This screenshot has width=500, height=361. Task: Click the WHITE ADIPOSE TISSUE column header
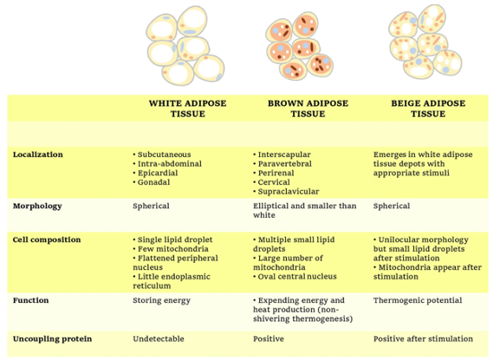click(187, 108)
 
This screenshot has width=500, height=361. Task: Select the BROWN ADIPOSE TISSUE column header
click(308, 108)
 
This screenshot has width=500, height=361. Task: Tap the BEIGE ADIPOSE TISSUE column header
click(428, 108)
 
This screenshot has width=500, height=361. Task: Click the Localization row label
click(37, 154)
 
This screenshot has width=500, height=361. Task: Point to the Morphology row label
click(37, 207)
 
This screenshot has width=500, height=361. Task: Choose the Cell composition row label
click(47, 240)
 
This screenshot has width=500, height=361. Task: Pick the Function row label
click(30, 300)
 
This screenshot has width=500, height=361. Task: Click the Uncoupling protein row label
click(52, 339)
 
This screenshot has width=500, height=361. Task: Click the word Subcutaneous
click(165, 154)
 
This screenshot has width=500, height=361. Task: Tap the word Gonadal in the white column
click(153, 182)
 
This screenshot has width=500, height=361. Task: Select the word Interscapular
click(284, 154)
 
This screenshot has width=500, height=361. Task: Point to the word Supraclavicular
click(289, 192)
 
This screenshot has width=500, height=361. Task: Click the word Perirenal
click(276, 174)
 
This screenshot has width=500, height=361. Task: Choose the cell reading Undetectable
click(159, 339)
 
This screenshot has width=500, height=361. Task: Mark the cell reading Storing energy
click(162, 300)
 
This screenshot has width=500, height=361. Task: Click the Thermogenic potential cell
click(418, 300)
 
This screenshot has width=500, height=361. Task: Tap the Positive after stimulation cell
click(423, 339)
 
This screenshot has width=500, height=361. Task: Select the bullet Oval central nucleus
click(295, 277)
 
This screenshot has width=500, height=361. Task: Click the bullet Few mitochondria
click(171, 249)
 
